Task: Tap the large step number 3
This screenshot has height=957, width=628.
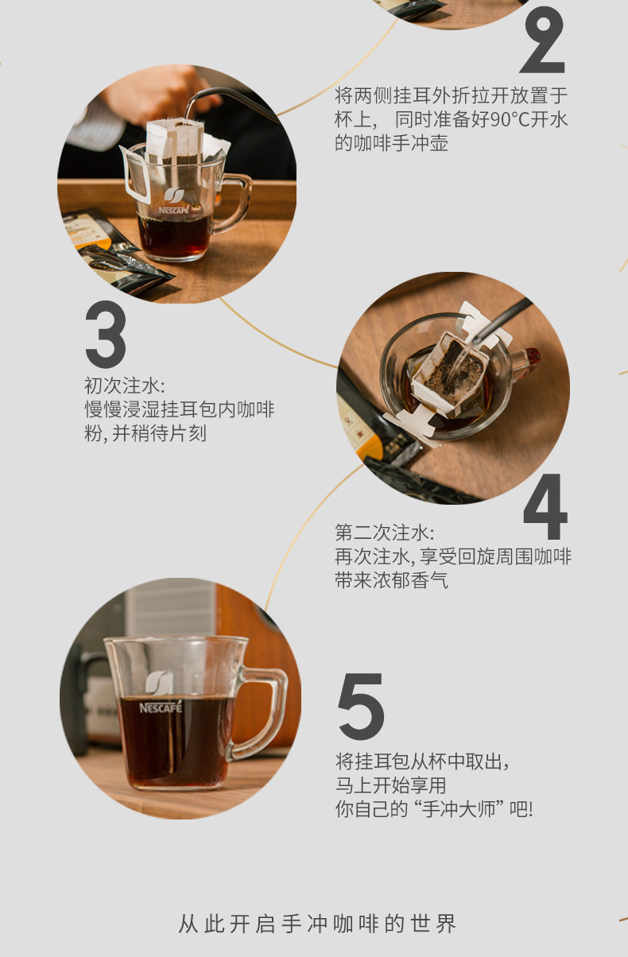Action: [106, 334]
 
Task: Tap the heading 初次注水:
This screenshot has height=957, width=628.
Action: [124, 386]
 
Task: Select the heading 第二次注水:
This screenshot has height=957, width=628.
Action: [384, 533]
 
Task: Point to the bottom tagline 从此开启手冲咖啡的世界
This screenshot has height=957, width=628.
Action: [317, 924]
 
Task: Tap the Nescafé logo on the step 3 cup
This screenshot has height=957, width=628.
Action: [174, 201]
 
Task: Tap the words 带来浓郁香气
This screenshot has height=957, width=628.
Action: [391, 580]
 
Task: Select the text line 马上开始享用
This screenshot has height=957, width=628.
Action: [390, 785]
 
